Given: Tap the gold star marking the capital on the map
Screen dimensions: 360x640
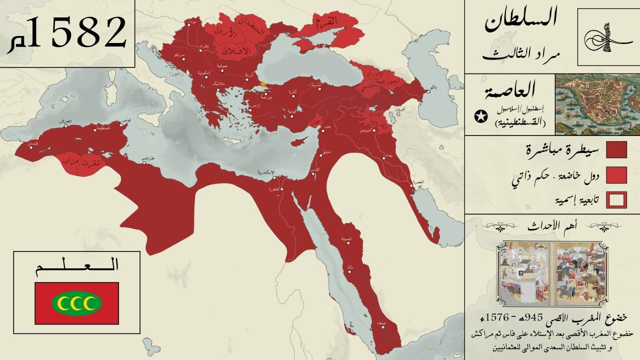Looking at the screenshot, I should click(263, 84).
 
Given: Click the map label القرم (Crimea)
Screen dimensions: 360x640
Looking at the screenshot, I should click(325, 22).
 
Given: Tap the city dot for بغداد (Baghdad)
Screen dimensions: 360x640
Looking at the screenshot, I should click(383, 157).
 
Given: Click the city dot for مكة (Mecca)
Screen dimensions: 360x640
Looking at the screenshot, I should click(348, 273).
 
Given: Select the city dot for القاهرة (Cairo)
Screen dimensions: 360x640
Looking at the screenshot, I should click(282, 189).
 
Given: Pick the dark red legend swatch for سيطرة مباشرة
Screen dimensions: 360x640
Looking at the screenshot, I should click(616, 149).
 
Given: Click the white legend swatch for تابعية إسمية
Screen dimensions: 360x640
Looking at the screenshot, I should click(616, 200).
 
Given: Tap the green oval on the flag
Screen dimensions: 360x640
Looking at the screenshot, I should click(76, 302).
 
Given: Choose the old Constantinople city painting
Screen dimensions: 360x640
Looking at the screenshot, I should click(597, 104).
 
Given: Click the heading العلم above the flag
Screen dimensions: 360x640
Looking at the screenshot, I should click(76, 265).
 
